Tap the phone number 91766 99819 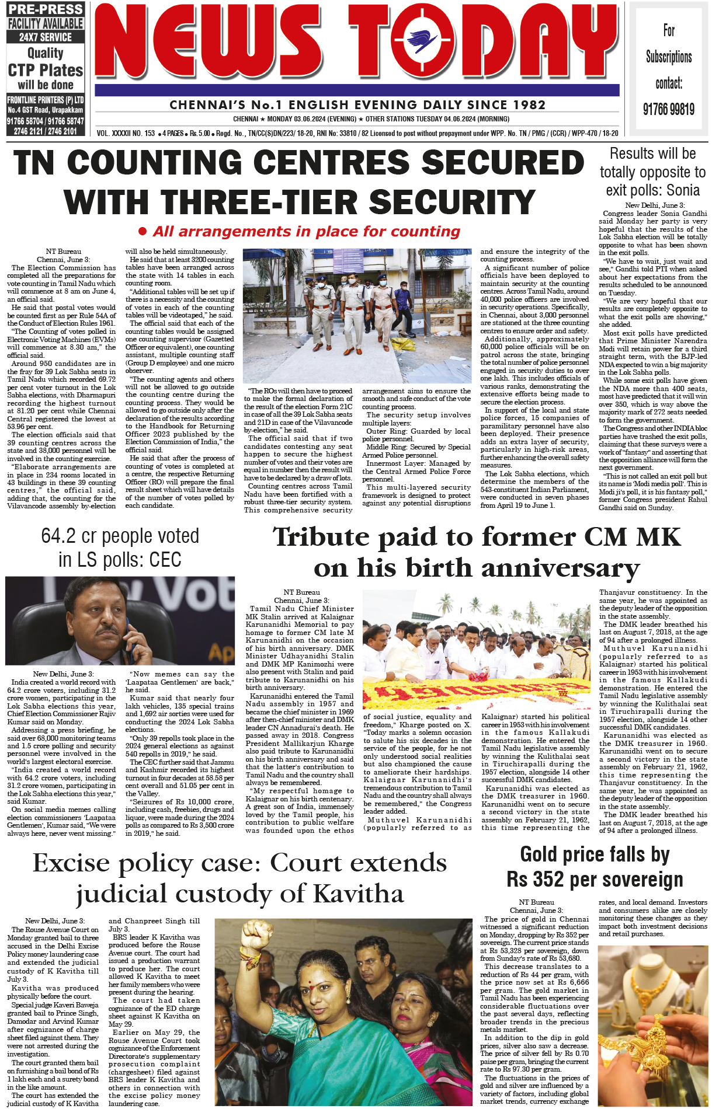[x=669, y=109]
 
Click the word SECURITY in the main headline [x=452, y=203]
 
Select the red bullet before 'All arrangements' [x=143, y=232]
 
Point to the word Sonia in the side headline [x=683, y=190]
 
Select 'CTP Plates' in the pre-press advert [x=46, y=71]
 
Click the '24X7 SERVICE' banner [x=46, y=37]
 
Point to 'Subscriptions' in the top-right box [x=669, y=57]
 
